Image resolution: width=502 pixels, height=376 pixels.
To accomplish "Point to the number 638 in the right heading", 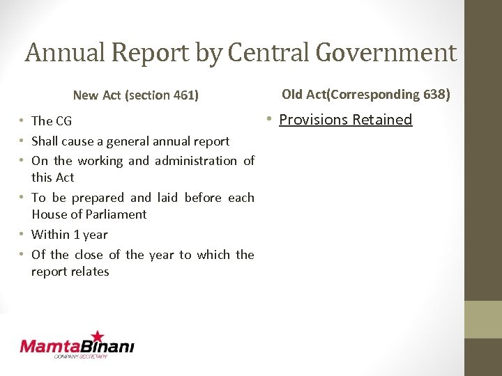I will [x=436, y=94].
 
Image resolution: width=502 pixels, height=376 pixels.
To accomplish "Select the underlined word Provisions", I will [x=314, y=120].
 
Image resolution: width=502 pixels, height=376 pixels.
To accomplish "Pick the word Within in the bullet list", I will [x=51, y=235].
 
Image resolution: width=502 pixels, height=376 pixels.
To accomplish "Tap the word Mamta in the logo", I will [x=52, y=346].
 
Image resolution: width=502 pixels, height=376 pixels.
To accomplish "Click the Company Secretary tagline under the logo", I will [x=81, y=357].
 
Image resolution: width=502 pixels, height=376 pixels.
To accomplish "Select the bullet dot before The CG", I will [x=24, y=121].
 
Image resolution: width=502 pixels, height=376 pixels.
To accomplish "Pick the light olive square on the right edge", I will [x=483, y=319].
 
